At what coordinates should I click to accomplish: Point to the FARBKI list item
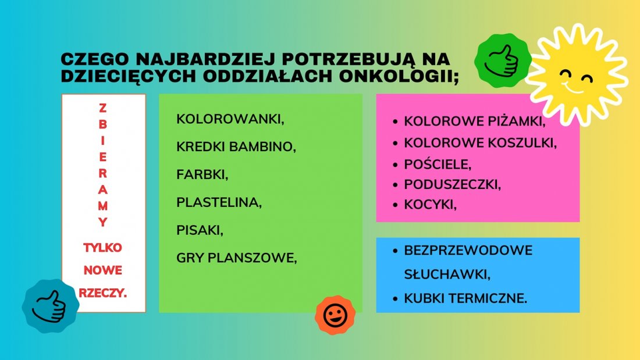[202, 174]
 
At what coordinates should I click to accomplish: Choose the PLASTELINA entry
[219, 202]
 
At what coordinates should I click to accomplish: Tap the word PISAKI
[200, 231]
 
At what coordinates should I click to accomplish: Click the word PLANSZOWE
[253, 258]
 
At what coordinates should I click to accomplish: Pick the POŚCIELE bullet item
[438, 164]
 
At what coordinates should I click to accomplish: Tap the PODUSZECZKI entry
[452, 184]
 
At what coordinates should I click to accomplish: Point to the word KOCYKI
[430, 205]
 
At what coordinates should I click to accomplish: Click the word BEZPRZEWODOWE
[468, 250]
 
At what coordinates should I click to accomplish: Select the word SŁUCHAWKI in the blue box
[447, 275]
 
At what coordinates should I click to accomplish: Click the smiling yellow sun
[577, 74]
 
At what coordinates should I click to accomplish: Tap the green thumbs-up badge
[503, 60]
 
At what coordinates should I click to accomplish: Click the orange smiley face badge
[335, 315]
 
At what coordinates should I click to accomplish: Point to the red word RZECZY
[102, 293]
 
